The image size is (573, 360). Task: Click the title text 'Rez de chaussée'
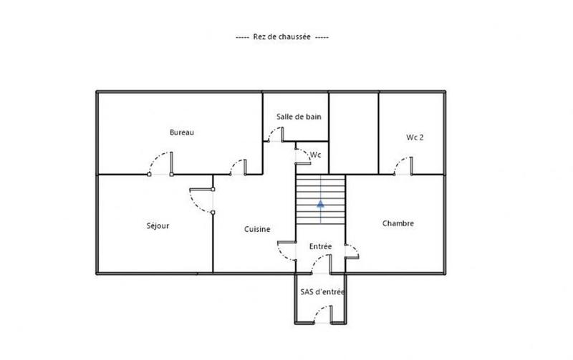pos(281,37)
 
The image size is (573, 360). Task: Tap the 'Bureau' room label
pos(182,132)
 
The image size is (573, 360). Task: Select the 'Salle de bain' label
pos(299,117)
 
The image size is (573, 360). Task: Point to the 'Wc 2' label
pos(415,137)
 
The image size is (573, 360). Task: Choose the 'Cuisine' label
pos(256,229)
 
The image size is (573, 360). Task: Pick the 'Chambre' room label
pos(398,223)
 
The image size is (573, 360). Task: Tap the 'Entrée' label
pos(320,246)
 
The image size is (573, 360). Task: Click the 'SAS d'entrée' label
pos(322,291)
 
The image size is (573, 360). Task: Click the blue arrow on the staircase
pos(320,203)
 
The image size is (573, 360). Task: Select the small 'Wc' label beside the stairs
pos(316,155)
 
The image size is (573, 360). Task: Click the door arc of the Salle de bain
pos(273,134)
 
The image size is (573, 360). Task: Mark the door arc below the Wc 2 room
pos(402,166)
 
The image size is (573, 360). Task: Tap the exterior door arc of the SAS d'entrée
pos(322,313)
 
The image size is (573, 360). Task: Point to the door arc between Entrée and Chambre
pos(350,250)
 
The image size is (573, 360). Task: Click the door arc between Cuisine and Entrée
pos(286,250)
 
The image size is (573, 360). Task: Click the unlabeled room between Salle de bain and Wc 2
pos(353,132)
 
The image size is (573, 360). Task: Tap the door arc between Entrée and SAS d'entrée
pos(320,266)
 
